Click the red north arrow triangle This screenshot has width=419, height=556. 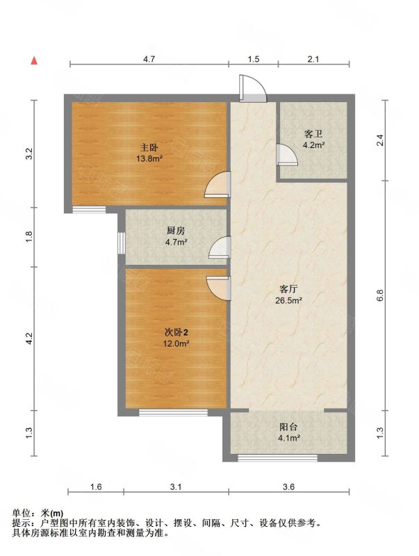coord(34,60)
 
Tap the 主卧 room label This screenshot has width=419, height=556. coord(149,147)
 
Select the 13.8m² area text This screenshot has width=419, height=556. coord(149,158)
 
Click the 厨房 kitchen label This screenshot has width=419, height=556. coord(176,231)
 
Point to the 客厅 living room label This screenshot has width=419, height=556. coord(288,289)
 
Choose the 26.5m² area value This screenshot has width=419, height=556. coord(288,301)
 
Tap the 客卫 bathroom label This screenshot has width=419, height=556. coord(313,134)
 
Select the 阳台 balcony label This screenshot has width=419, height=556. coord(288,427)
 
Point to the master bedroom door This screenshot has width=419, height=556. coord(217,185)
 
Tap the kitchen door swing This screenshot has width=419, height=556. coord(220,247)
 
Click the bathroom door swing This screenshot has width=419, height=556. coord(287,154)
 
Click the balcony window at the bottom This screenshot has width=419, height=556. coord(277,458)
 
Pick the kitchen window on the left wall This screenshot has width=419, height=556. coord(121,243)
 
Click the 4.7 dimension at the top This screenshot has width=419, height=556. coord(149,59)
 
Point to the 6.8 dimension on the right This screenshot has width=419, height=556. coord(381,295)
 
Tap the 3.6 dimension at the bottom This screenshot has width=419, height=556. coord(289,487)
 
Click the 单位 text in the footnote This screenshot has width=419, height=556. coord(21,513)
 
